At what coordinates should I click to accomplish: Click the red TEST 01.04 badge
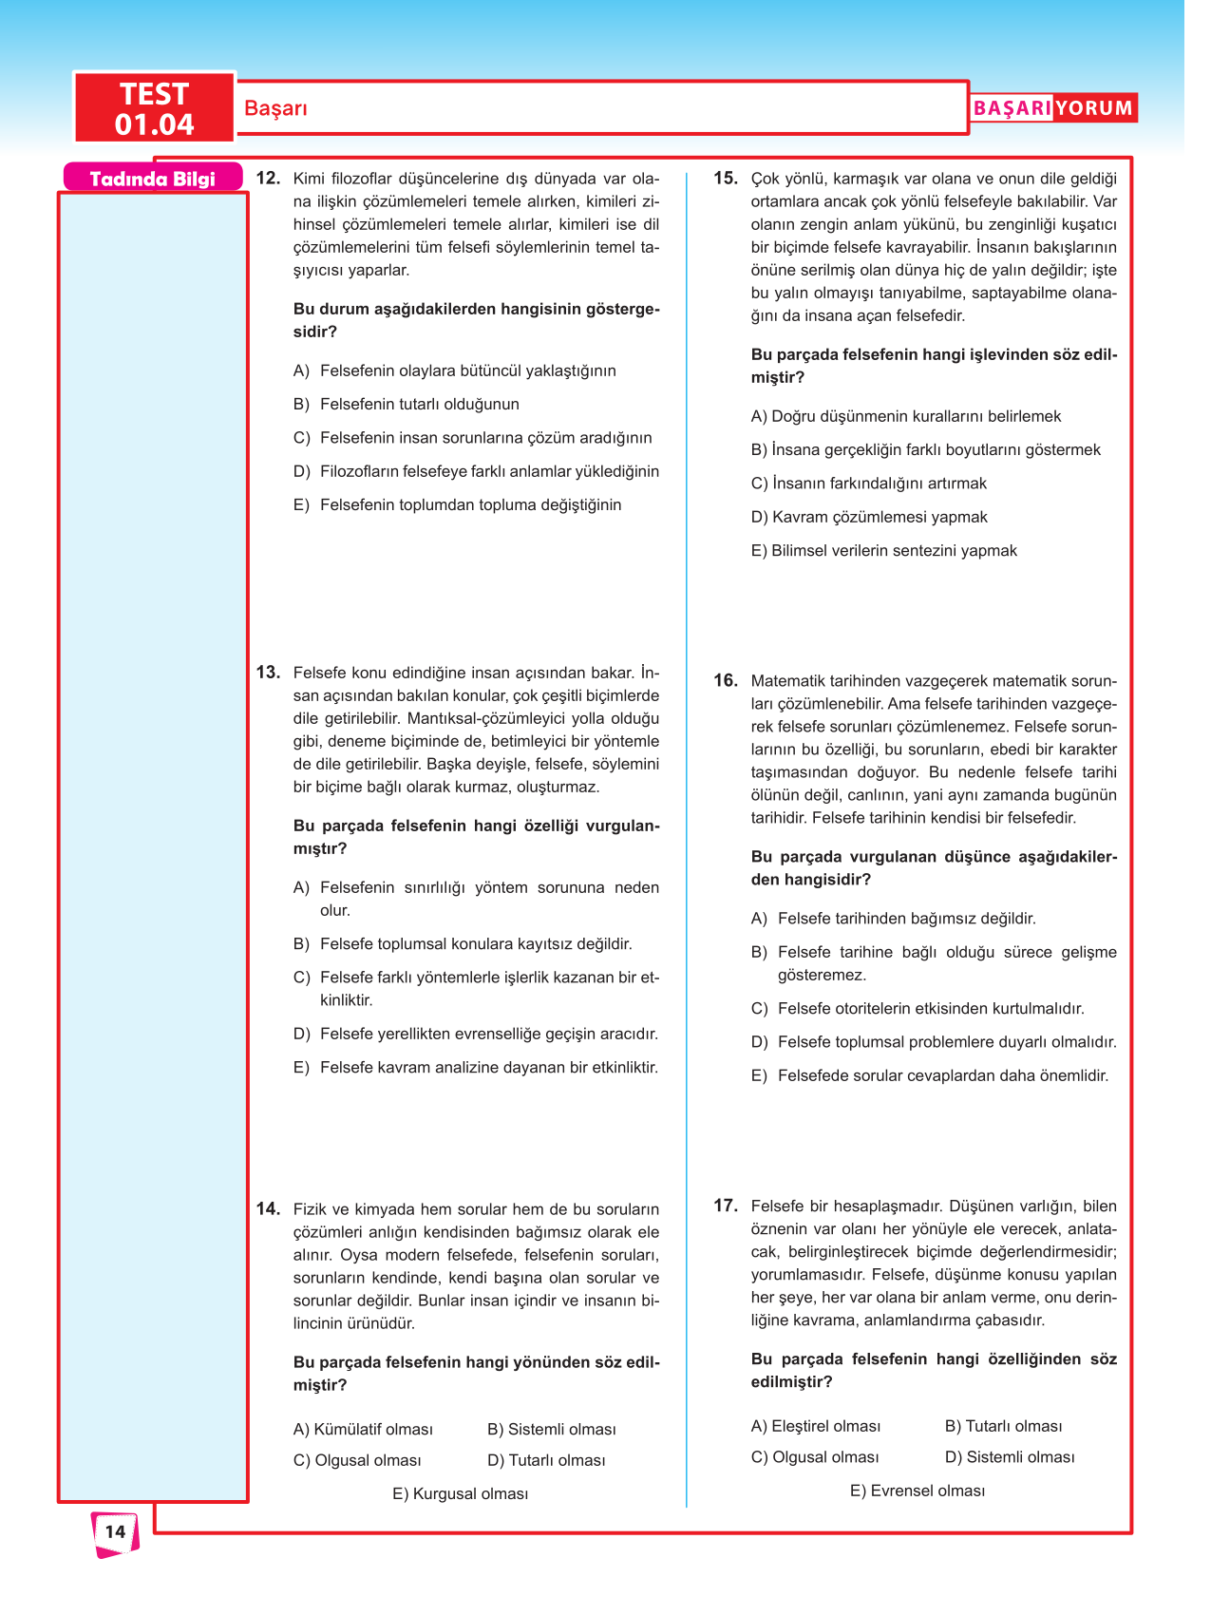(154, 108)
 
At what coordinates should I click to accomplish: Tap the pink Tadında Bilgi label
(152, 179)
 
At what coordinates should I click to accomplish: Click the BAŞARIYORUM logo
(1052, 108)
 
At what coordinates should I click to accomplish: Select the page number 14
(115, 1531)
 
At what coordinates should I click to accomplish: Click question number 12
(268, 178)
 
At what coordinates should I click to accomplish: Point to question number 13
(268, 673)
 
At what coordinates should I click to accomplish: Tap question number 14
(268, 1208)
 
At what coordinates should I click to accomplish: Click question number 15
(726, 178)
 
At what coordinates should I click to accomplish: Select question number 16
(726, 680)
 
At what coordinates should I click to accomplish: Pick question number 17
(726, 1206)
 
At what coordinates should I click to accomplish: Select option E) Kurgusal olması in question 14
(460, 1494)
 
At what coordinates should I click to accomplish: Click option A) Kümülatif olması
(363, 1430)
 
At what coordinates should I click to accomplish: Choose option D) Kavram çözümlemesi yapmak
(869, 518)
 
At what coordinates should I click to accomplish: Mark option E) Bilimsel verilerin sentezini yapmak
(883, 551)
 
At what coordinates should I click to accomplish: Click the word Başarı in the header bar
(275, 108)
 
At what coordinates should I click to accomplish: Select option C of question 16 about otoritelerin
(918, 1009)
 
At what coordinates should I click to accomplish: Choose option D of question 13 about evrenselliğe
(476, 1035)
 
